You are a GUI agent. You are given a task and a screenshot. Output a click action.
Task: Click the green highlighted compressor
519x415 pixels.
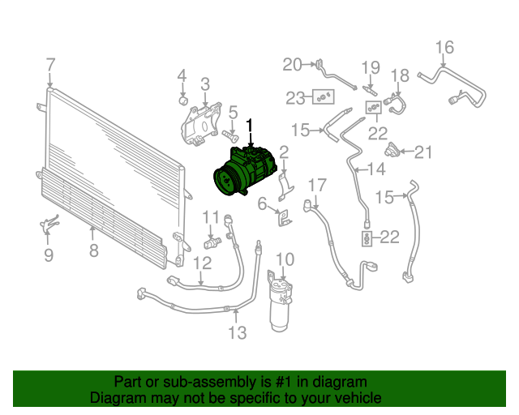pyautogui.click(x=244, y=171)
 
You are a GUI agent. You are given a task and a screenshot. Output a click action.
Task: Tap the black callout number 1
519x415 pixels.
pyautogui.click(x=250, y=126)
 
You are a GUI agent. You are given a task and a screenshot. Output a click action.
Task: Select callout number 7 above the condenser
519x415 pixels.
pyautogui.click(x=50, y=65)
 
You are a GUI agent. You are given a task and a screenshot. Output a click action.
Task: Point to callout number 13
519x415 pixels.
pyautogui.click(x=238, y=332)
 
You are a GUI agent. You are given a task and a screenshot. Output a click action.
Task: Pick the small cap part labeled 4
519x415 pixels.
pyautogui.click(x=183, y=100)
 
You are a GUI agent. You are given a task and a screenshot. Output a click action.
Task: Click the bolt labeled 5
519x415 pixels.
pyautogui.click(x=230, y=135)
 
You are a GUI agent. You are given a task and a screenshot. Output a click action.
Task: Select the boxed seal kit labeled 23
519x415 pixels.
pyautogui.click(x=323, y=97)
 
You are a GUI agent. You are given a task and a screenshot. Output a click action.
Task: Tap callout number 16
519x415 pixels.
pyautogui.click(x=444, y=47)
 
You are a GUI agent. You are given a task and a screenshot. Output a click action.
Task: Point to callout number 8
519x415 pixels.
pyautogui.click(x=94, y=250)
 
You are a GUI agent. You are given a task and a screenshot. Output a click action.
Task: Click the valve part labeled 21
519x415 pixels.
pyautogui.click(x=392, y=150)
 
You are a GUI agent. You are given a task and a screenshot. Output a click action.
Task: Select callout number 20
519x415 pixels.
pyautogui.click(x=292, y=65)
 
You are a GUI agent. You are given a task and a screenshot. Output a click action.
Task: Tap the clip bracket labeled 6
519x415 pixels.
pyautogui.click(x=284, y=217)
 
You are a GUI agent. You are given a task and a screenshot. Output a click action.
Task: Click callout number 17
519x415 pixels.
pyautogui.click(x=317, y=186)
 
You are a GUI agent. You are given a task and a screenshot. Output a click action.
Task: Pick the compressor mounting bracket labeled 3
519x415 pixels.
pyautogui.click(x=200, y=125)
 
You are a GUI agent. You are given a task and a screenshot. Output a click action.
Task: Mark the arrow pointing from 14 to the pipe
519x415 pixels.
pyautogui.click(x=359, y=169)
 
